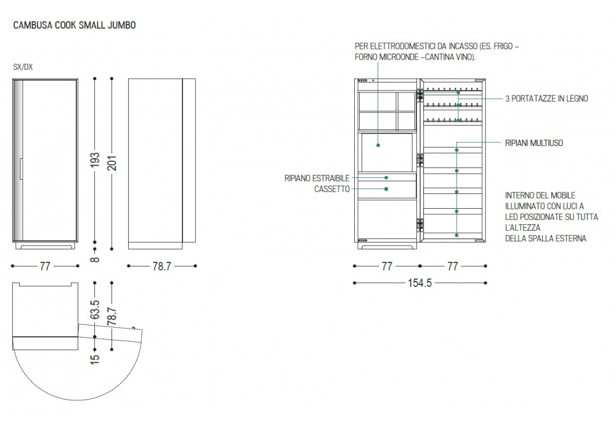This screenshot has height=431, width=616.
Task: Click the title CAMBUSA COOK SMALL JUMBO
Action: (75, 25)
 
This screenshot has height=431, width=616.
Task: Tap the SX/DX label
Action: (23, 66)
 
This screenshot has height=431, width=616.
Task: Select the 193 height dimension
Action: (95, 159)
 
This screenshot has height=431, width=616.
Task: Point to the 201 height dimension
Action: (112, 163)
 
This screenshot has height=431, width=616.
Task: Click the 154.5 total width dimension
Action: (419, 283)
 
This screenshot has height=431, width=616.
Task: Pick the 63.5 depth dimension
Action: (95, 310)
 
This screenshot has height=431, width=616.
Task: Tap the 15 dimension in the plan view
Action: (95, 359)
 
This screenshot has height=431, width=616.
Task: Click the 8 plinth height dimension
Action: (95, 259)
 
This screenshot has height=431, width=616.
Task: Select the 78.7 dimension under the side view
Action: (162, 266)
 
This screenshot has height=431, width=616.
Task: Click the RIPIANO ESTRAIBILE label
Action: (317, 178)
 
